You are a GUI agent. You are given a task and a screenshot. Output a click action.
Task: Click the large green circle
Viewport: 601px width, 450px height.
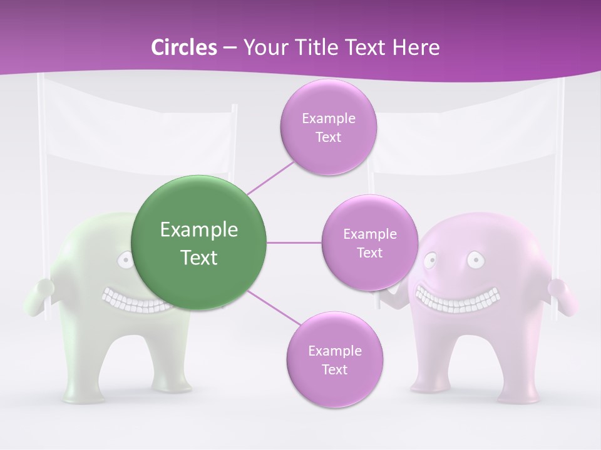(198, 243)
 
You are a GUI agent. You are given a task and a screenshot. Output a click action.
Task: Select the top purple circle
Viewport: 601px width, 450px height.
(328, 127)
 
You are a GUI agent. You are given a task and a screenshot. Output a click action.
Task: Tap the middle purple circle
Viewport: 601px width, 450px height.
(369, 243)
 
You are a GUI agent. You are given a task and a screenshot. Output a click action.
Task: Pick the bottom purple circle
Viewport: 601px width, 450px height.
(334, 360)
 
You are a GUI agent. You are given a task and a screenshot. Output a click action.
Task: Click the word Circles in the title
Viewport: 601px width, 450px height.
(183, 47)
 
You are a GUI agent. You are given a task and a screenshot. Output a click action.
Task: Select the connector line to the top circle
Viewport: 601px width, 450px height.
(270, 176)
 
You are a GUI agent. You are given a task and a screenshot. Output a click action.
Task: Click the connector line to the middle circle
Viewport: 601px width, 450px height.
(294, 242)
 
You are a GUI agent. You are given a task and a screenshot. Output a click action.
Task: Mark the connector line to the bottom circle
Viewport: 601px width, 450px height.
(274, 307)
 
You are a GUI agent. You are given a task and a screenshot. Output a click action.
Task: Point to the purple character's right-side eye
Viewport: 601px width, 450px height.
(475, 257)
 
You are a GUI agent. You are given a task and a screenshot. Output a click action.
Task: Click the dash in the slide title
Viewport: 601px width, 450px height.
(230, 47)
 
